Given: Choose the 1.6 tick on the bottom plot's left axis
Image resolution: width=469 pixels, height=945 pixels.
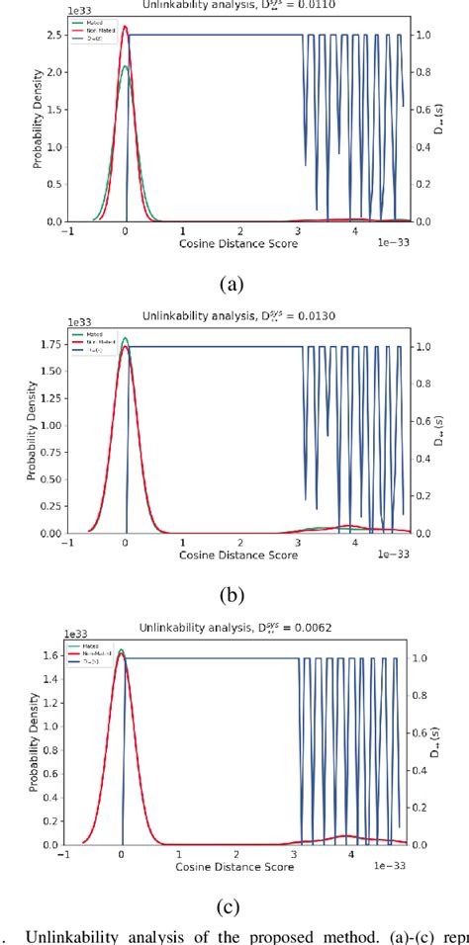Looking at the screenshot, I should [44, 654].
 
